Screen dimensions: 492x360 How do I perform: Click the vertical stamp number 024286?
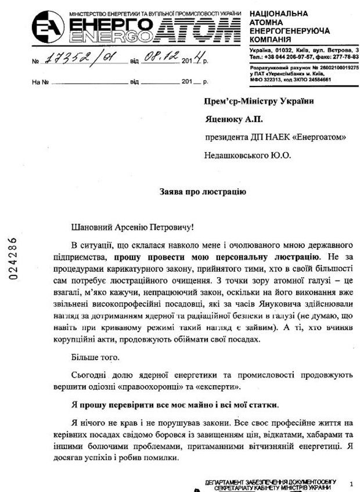click(13, 258)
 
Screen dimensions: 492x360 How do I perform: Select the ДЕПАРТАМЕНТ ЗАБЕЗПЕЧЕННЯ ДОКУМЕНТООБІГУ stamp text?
click(273, 482)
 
